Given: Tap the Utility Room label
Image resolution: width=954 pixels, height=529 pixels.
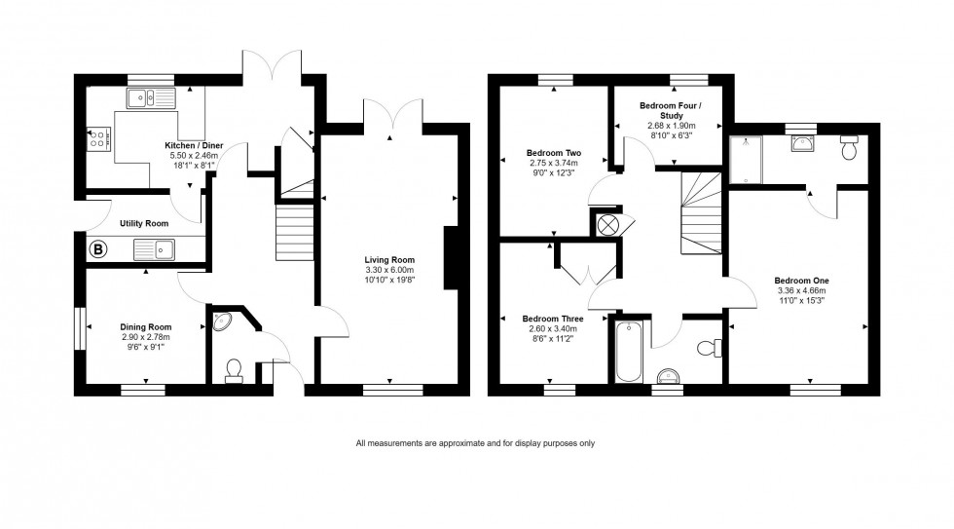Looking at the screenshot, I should pyautogui.click(x=144, y=223).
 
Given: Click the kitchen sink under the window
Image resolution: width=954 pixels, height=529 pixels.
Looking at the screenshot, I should pyautogui.click(x=150, y=96).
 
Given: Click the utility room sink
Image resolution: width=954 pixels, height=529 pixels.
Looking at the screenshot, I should pyautogui.click(x=154, y=249).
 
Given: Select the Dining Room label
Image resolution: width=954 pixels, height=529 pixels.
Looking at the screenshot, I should pyautogui.click(x=146, y=326).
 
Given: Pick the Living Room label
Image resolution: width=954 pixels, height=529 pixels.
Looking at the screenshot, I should pyautogui.click(x=389, y=260).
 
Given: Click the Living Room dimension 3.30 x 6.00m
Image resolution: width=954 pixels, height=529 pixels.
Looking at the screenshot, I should pyautogui.click(x=389, y=271).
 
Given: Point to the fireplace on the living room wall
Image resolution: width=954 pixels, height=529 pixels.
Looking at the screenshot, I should pyautogui.click(x=450, y=258).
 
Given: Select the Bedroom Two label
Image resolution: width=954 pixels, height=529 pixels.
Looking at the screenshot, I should pyautogui.click(x=554, y=153).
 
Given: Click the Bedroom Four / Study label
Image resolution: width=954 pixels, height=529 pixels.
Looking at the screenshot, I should pyautogui.click(x=670, y=109).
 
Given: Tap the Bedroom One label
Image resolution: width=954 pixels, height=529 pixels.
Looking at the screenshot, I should pyautogui.click(x=801, y=281).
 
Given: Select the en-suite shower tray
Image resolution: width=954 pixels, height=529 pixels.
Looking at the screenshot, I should pyautogui.click(x=747, y=159).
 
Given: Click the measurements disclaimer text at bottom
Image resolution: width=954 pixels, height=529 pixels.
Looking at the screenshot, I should pyautogui.click(x=475, y=443).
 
